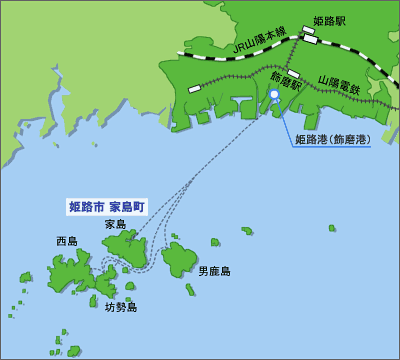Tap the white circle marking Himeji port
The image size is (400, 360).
pyautogui.click(x=274, y=95)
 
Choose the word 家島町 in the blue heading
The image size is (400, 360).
pyautogui.click(x=127, y=206)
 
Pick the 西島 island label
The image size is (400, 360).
pyautogui.click(x=67, y=241)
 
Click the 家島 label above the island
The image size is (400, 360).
pyautogui.click(x=115, y=225)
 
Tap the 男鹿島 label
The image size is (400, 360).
pyautogui.click(x=213, y=271)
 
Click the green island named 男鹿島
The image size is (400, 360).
pyautogui.click(x=179, y=259)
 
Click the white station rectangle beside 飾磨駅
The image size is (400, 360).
pyautogui.click(x=293, y=74)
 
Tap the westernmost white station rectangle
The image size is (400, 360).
pyautogui.click(x=194, y=89)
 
